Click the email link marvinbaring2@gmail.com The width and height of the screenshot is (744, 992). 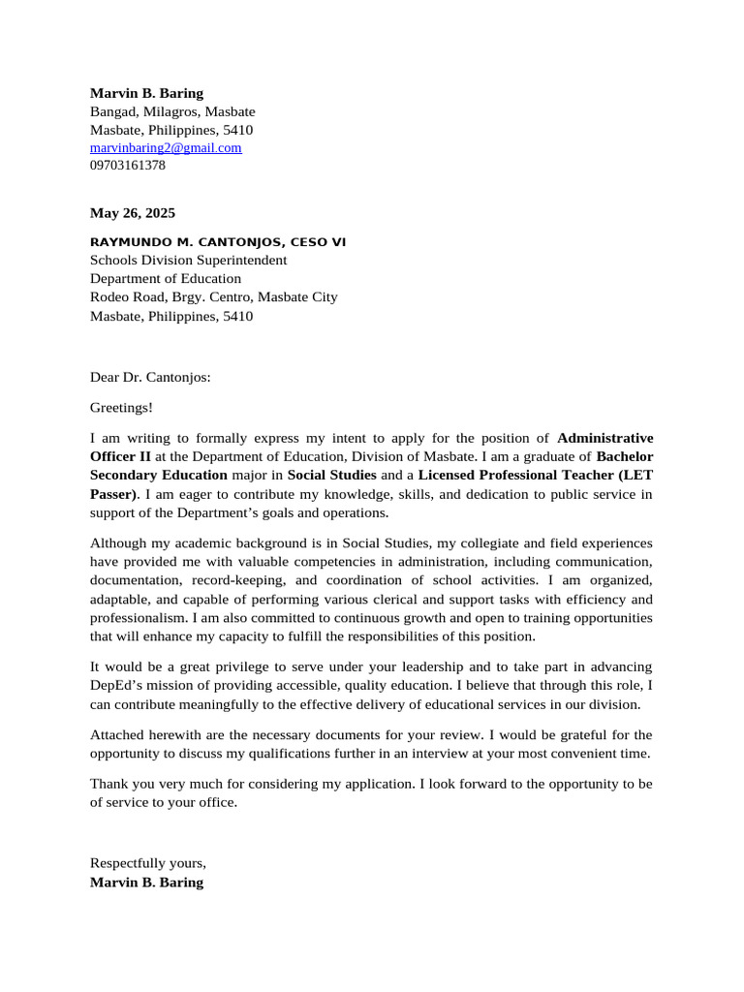pos(166,148)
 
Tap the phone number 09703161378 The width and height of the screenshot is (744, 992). pos(128,166)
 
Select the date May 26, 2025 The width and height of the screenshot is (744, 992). pos(133,213)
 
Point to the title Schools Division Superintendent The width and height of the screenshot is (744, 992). pos(188,260)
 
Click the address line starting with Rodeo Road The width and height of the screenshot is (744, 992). pos(213,297)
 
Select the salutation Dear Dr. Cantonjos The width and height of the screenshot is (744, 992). pos(150,378)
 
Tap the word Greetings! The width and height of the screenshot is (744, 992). pos(121,408)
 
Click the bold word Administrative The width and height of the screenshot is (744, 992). pos(605,438)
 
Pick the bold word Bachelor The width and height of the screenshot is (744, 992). pos(625,456)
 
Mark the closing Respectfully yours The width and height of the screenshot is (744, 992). pos(148,863)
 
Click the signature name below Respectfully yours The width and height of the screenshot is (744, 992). pos(146,883)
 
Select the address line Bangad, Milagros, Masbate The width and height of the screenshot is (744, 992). pos(172,111)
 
